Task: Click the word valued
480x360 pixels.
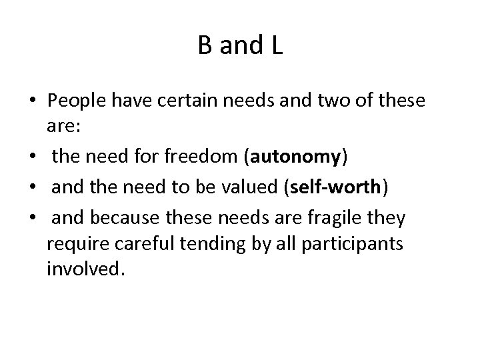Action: click(x=251, y=187)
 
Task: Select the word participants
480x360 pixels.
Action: click(x=363, y=244)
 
